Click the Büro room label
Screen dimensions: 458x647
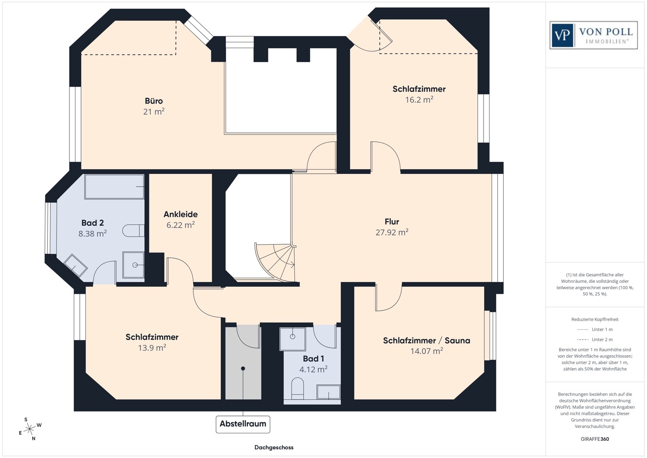154,101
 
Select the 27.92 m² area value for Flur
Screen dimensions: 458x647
392,232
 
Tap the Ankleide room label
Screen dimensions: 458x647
180,214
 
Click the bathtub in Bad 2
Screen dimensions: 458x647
114,186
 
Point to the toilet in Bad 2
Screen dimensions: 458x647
133,231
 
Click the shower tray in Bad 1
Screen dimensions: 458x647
292,338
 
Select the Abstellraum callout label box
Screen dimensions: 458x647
243,424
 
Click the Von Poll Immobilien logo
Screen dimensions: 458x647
594,35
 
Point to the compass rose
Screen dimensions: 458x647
29,429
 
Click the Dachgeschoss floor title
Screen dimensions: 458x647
274,447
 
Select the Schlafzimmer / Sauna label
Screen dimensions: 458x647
426,341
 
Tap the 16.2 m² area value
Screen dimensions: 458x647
419,100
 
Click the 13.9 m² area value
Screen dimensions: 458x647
152,347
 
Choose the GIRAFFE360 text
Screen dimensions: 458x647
595,439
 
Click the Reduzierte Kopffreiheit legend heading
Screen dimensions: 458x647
595,319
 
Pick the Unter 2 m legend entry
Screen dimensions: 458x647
602,339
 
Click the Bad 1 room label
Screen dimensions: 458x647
313,359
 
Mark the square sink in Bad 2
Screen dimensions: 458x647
134,265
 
